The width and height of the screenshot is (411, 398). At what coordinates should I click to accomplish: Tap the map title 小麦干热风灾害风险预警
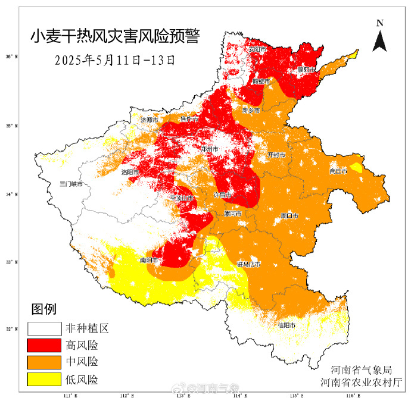[115, 37]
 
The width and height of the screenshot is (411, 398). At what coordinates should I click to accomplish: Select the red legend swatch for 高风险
[44, 345]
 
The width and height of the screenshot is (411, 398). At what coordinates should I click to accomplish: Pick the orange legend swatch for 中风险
[44, 362]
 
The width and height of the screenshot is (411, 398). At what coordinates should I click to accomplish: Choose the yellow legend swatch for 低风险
[44, 378]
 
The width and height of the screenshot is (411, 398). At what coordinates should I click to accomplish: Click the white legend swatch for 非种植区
[44, 328]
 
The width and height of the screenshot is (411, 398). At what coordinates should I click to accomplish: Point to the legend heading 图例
[43, 309]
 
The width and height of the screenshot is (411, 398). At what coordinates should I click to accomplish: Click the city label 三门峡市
[70, 184]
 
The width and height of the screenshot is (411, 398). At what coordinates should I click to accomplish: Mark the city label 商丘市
[338, 171]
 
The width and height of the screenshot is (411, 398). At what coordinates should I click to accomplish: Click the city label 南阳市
[150, 260]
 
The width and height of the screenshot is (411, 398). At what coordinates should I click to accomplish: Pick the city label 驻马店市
[249, 264]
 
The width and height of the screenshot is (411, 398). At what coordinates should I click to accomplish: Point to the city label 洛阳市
[130, 172]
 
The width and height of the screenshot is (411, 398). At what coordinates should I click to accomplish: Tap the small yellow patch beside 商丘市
[356, 167]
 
